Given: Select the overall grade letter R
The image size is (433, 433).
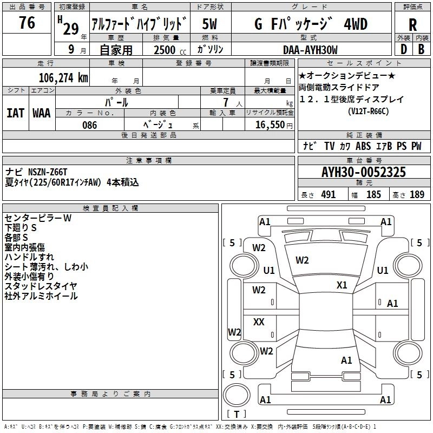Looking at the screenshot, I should point(412,25).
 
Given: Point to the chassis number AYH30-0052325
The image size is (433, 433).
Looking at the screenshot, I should point(363,172).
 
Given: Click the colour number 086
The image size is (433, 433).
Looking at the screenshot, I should point(89,125).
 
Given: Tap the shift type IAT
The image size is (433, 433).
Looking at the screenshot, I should point(15,113).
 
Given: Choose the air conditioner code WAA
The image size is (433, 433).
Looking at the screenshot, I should point(42,113).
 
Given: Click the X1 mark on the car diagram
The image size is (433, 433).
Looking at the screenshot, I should point(342,285).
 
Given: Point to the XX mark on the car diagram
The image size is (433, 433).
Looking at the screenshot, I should point(259,322).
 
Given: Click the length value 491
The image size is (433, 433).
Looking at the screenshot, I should point(328,195).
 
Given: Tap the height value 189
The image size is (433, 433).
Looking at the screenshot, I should point(417,195).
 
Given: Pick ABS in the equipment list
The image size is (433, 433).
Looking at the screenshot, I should point(363,146).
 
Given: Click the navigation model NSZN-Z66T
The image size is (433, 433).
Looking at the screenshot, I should point(52,172).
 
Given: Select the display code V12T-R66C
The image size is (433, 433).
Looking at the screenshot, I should point(369,111).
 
